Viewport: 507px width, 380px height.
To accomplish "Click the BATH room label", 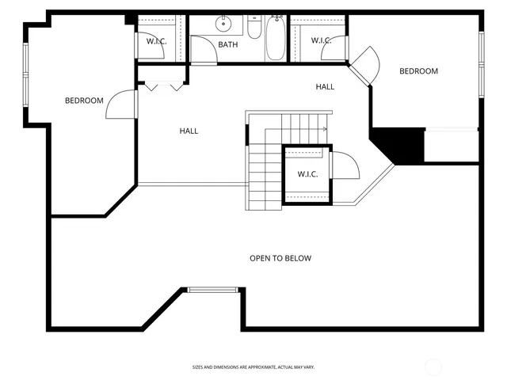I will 228,45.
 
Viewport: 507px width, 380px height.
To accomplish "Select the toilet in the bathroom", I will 253,28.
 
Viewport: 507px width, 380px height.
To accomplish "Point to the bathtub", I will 275,39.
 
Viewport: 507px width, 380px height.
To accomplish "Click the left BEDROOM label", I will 84,101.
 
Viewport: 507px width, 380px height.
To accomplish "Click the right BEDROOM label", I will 418,71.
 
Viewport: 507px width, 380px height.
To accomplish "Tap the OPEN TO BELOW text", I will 280,258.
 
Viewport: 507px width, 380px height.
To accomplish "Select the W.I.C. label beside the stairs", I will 307,174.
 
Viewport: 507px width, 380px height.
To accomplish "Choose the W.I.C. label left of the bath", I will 155,40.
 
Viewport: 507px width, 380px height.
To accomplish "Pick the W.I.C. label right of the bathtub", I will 320,40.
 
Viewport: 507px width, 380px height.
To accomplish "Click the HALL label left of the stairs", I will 189,131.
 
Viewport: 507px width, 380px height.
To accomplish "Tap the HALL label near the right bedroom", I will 325,86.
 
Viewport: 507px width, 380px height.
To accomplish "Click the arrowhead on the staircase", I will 325,129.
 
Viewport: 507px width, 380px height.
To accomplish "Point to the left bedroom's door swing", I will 120,104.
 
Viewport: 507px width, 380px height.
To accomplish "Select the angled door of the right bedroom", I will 364,63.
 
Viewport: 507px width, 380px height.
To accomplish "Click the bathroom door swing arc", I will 204,49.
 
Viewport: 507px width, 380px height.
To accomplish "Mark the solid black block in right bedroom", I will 401,146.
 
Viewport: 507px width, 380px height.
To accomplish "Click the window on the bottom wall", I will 213,290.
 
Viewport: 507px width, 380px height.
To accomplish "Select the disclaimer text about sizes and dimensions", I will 253,367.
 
